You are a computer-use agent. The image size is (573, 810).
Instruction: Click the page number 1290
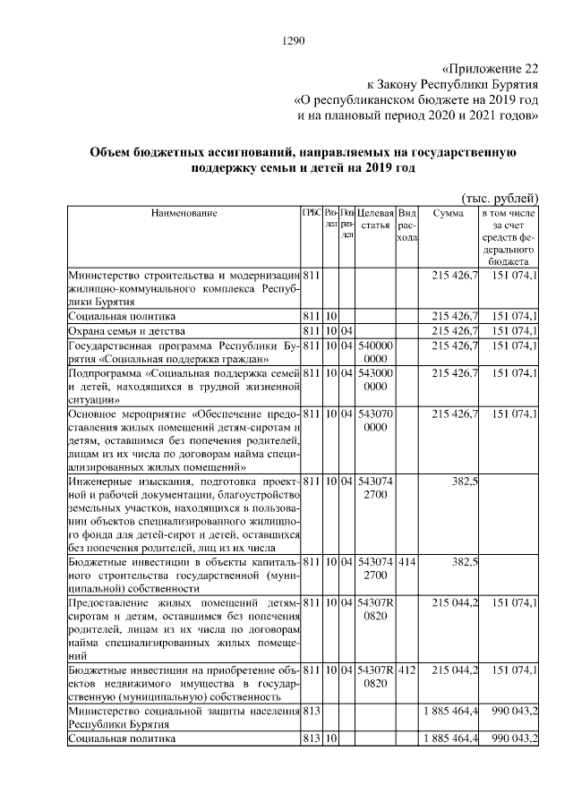click(x=294, y=40)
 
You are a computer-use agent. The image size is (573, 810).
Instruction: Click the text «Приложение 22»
click(x=492, y=68)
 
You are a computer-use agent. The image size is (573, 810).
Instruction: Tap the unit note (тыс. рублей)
click(x=499, y=197)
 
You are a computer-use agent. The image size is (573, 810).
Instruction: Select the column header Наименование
click(x=184, y=214)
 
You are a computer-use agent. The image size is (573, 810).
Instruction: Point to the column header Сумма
click(x=448, y=214)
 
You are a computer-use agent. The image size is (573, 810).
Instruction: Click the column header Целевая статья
click(x=375, y=219)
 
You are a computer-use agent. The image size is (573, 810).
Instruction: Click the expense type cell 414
click(x=406, y=561)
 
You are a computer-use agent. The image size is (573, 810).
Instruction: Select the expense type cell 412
click(x=406, y=669)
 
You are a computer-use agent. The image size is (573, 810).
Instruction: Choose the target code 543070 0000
click(x=375, y=421)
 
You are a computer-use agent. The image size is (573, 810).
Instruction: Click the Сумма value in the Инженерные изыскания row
click(x=465, y=482)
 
